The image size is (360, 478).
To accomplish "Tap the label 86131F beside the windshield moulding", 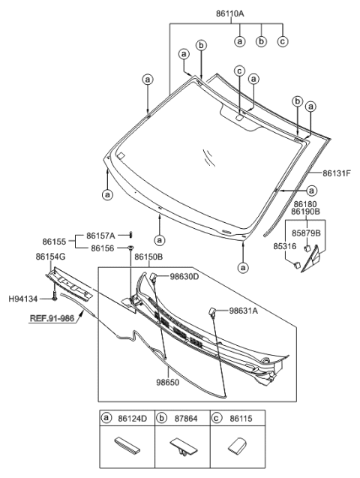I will click(x=338, y=173).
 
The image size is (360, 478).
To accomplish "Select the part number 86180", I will click(x=305, y=203).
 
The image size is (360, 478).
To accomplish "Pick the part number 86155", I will click(x=55, y=242).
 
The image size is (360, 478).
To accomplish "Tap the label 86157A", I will click(x=101, y=235).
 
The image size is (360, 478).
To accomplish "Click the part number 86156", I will click(x=103, y=248).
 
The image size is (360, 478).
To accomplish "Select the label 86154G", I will click(x=51, y=257).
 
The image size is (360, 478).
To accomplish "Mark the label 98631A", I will click(x=244, y=311).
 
